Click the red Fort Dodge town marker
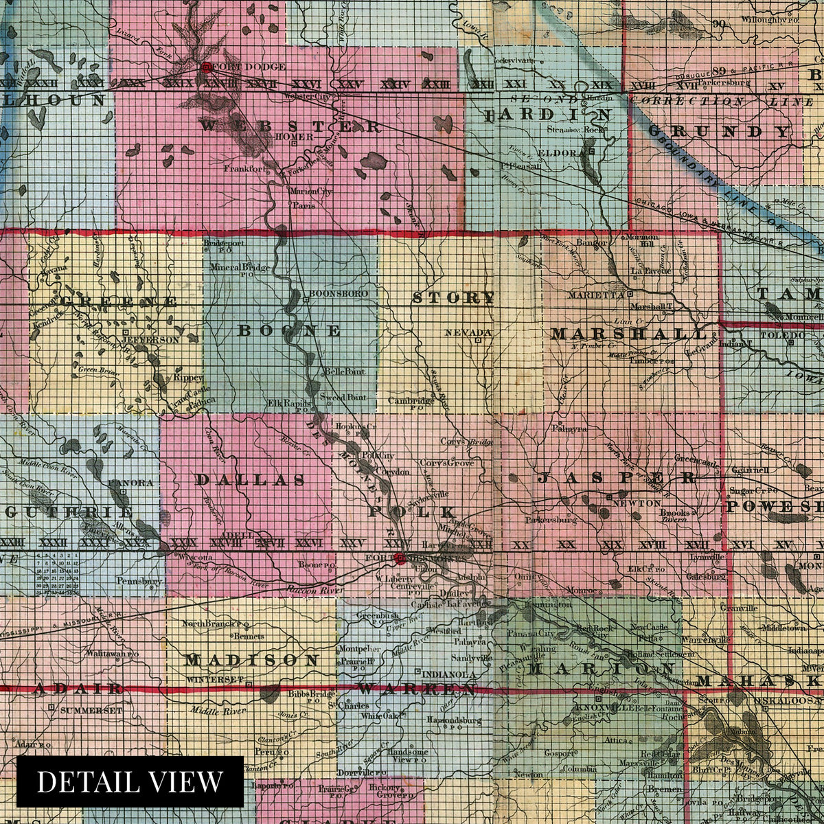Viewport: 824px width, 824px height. point(205,67)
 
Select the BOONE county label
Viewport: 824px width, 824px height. point(289,331)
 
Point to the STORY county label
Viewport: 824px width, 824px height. point(453,298)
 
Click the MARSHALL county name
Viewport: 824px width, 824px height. point(628,334)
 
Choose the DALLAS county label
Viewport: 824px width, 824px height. point(251,480)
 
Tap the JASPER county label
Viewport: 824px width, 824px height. point(616,479)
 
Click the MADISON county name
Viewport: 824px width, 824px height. point(251,661)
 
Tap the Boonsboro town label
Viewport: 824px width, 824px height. point(339,294)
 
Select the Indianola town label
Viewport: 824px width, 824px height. point(450,674)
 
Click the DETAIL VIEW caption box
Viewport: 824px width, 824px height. point(130,781)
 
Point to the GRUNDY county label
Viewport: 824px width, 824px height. point(718,131)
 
